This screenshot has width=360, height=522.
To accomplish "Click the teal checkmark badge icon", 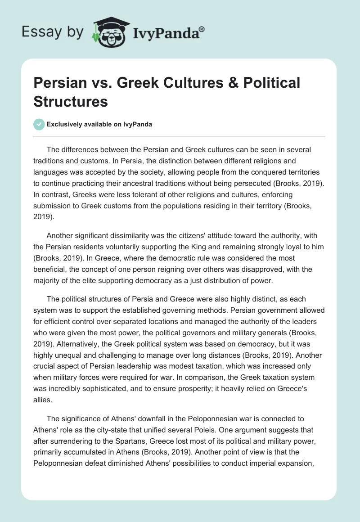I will pyautogui.click(x=39, y=124).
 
